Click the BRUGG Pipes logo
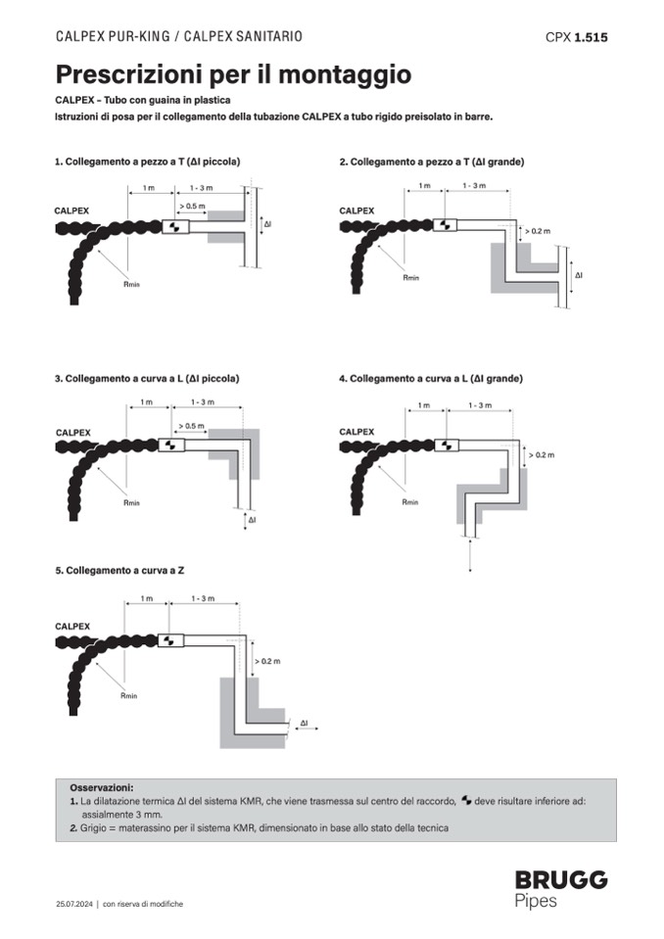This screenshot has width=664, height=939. [x=561, y=890]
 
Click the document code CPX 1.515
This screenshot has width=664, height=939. [x=576, y=37]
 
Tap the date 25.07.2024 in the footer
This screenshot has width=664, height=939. [x=74, y=904]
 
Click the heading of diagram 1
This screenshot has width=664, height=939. [x=147, y=162]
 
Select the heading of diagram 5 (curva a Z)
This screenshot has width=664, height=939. [x=119, y=571]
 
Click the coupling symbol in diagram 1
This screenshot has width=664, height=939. [x=175, y=227]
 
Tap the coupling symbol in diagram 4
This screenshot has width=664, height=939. [x=446, y=445]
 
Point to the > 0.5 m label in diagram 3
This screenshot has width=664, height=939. [x=191, y=426]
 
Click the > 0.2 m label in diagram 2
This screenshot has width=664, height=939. [x=538, y=231]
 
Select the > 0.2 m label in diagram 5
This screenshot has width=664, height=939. [x=267, y=661]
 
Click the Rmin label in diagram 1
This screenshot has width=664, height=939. [x=131, y=284]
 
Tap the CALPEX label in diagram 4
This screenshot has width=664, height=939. [x=356, y=432]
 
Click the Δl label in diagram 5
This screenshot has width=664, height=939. [x=305, y=724]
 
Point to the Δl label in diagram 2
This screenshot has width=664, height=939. [x=579, y=275]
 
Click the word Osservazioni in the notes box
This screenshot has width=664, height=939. [x=101, y=787]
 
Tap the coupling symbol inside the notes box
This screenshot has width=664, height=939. [x=466, y=801]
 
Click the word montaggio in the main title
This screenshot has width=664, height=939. [x=345, y=74]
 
